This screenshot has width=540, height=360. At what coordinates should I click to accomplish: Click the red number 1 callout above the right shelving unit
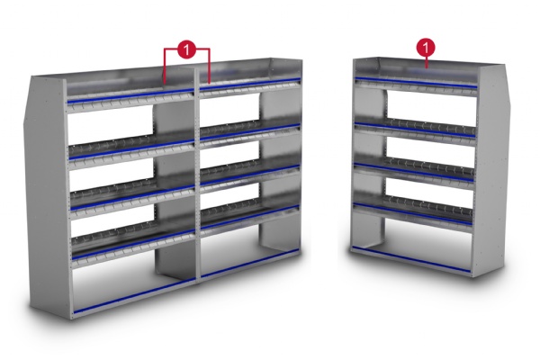(425, 45)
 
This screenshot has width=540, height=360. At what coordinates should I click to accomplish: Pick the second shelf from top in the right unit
(414, 127)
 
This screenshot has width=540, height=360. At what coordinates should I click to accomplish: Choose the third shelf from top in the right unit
(413, 168)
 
